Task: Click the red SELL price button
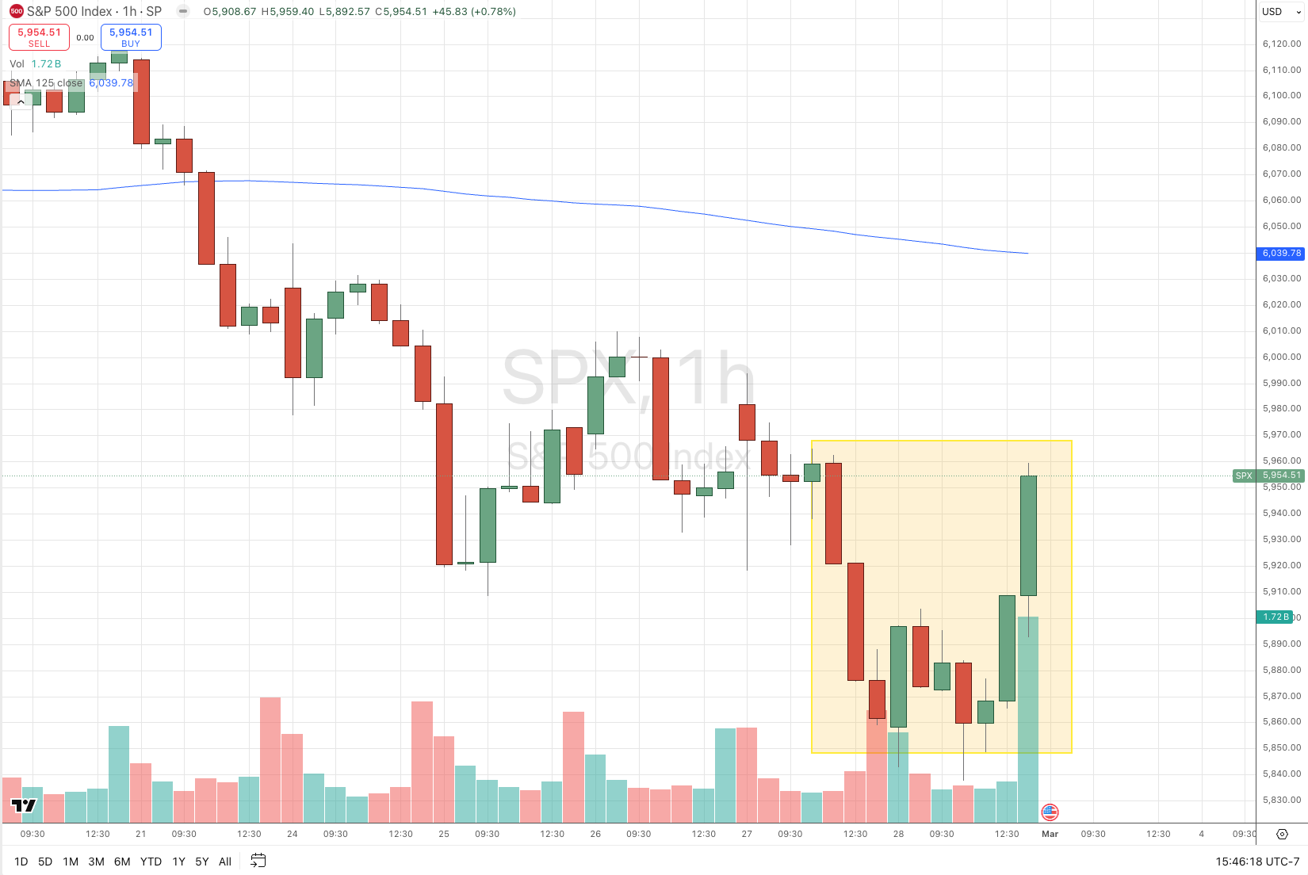click(39, 37)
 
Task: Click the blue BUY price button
click(131, 37)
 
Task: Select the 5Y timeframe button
click(202, 862)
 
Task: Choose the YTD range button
click(151, 862)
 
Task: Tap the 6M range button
click(122, 862)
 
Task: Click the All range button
click(225, 862)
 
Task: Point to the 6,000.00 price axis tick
click(1281, 357)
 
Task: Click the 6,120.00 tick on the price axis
click(1281, 44)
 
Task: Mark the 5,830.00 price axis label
click(1281, 800)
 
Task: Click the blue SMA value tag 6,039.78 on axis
click(1281, 253)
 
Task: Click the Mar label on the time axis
click(1050, 834)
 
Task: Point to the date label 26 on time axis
click(595, 834)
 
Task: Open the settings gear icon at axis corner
click(1282, 834)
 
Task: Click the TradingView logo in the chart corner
click(24, 806)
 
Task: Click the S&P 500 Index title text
click(70, 12)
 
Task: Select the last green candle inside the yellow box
click(1028, 535)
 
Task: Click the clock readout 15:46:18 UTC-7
click(1257, 862)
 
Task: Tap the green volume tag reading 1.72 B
click(1275, 617)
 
